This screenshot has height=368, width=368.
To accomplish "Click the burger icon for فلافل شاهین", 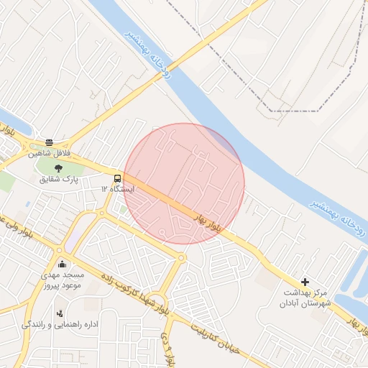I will [49, 142].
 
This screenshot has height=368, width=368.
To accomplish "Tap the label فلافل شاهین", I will [49, 154].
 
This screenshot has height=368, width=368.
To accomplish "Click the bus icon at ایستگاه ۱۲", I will [116, 178].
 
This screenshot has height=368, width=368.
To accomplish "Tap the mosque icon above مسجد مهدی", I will [64, 264].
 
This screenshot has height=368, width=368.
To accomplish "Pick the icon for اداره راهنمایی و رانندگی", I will [60, 313].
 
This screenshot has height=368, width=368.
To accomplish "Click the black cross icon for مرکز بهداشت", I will [305, 282].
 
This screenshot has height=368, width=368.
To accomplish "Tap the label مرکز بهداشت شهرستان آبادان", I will [305, 298].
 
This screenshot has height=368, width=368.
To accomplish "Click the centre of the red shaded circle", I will [185, 183].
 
